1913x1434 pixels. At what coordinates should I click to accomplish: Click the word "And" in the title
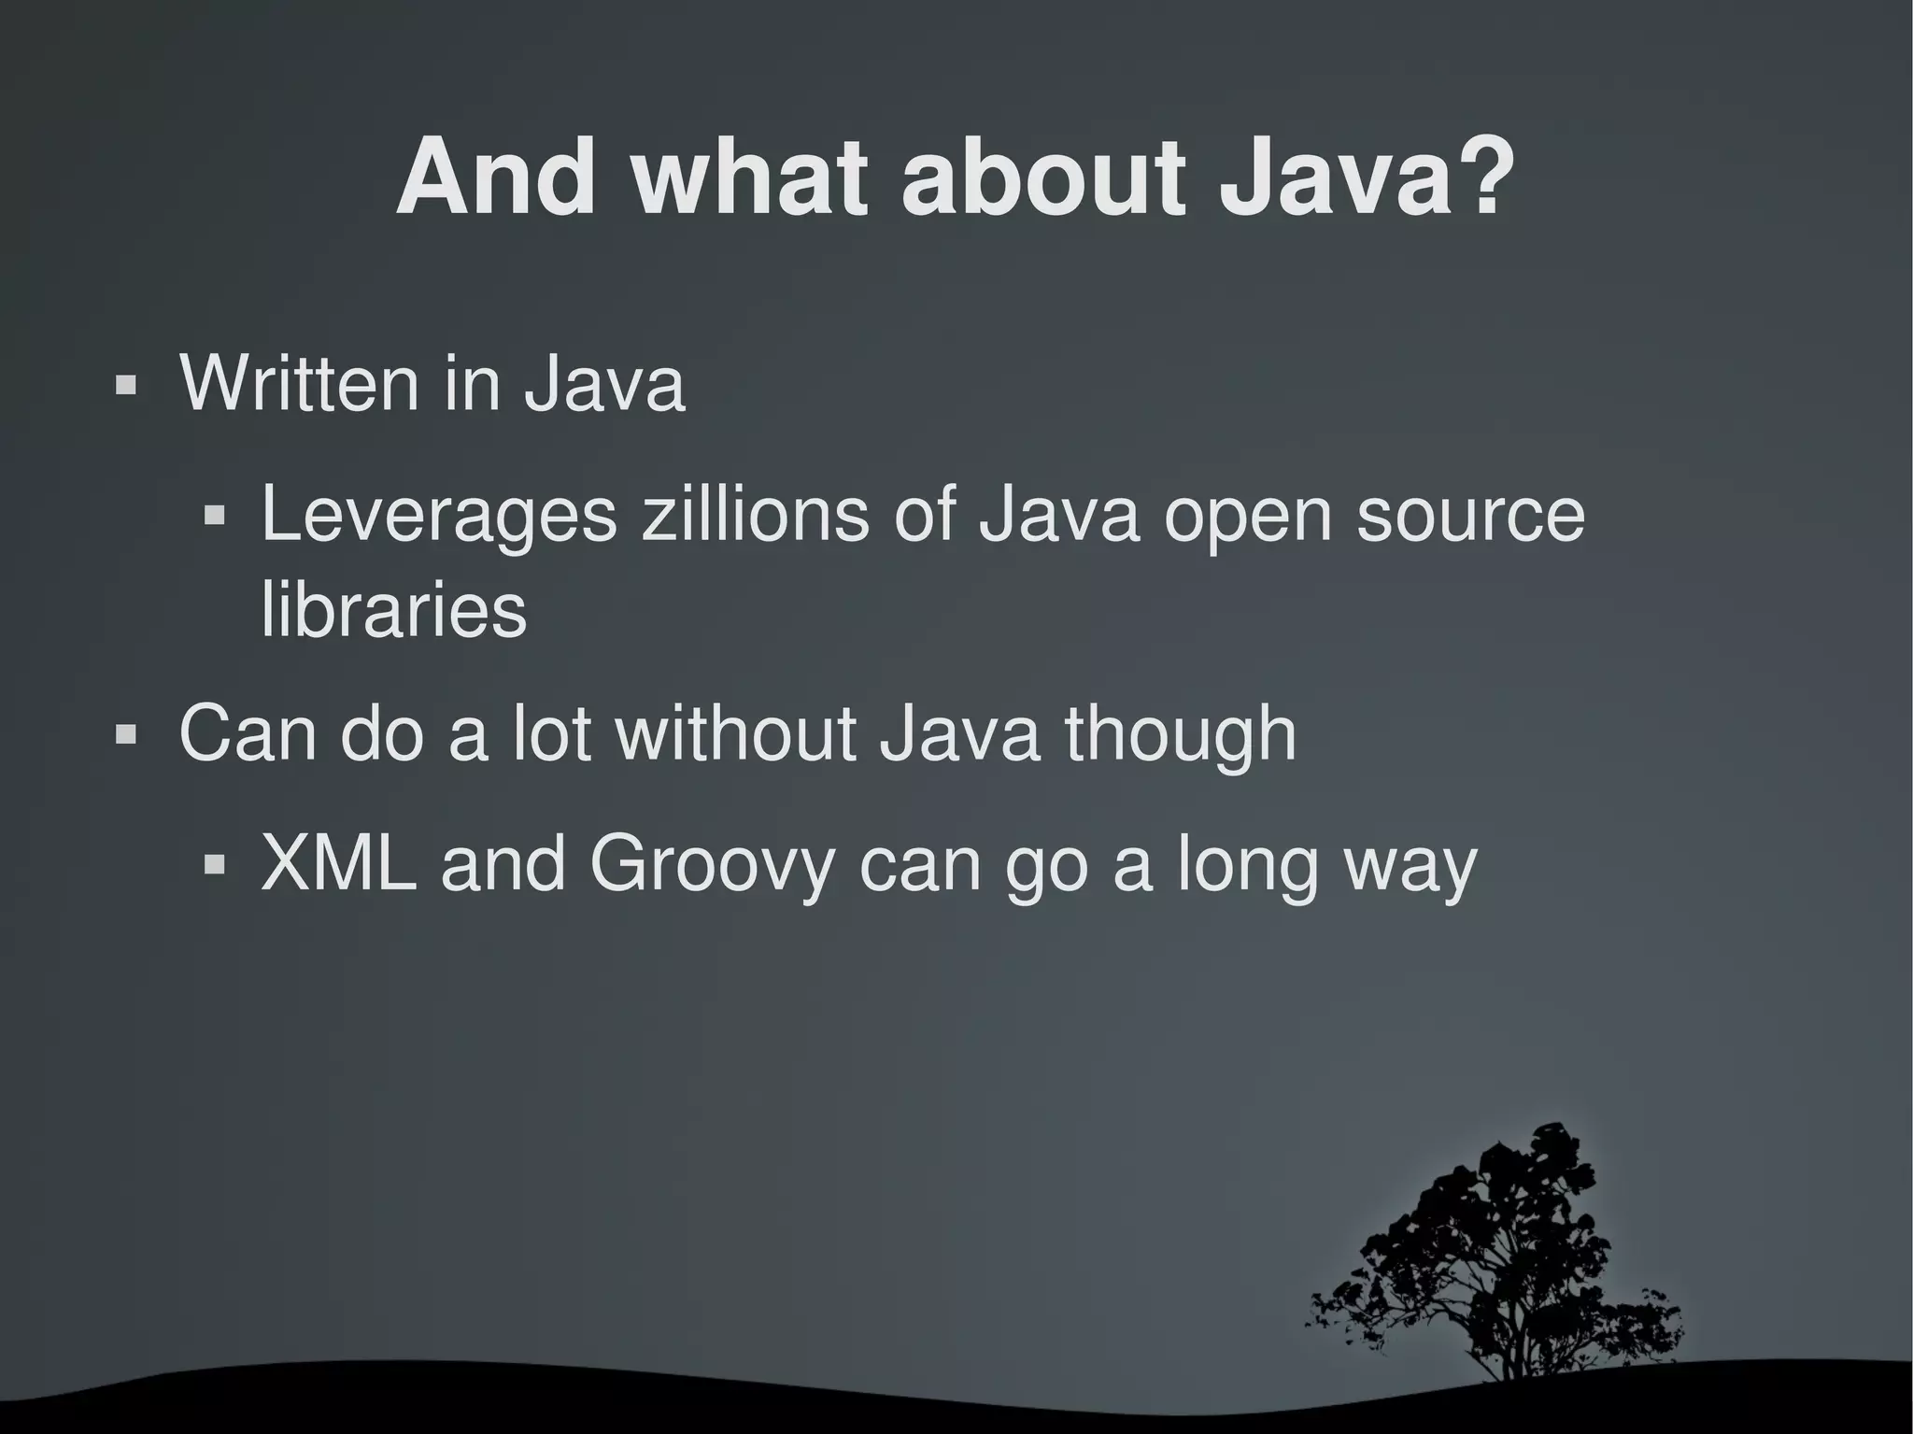tap(496, 177)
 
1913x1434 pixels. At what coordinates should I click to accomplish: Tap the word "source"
tap(1470, 515)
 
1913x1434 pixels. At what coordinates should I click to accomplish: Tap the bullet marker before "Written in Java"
tap(124, 385)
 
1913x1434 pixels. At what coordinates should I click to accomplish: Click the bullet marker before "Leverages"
tap(215, 515)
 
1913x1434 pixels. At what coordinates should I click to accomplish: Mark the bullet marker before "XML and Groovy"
tap(215, 865)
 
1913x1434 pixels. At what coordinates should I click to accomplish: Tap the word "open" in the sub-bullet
tap(1247, 517)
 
